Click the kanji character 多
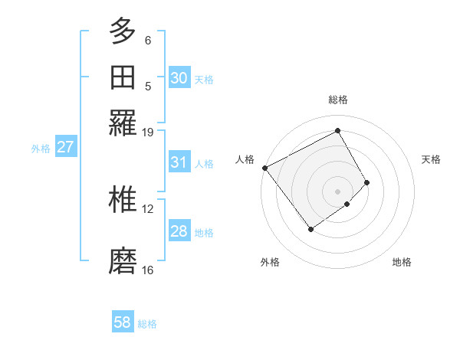(x=123, y=31)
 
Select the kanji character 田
(x=123, y=78)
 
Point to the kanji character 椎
(x=123, y=200)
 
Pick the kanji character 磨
(x=123, y=261)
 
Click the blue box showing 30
(x=179, y=78)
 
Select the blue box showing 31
(x=179, y=162)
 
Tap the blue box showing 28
(x=179, y=231)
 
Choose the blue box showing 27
(x=65, y=147)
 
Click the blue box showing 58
(x=123, y=322)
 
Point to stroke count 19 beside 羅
(x=148, y=132)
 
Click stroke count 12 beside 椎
(x=148, y=208)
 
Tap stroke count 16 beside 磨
(x=148, y=270)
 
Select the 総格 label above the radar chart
(x=338, y=100)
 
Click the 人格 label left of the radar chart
(x=245, y=159)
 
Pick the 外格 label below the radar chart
(x=270, y=262)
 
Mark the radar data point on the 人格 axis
(x=264, y=168)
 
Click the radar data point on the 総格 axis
(x=337, y=131)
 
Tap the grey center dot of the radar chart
(x=337, y=191)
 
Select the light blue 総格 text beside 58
(x=147, y=324)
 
